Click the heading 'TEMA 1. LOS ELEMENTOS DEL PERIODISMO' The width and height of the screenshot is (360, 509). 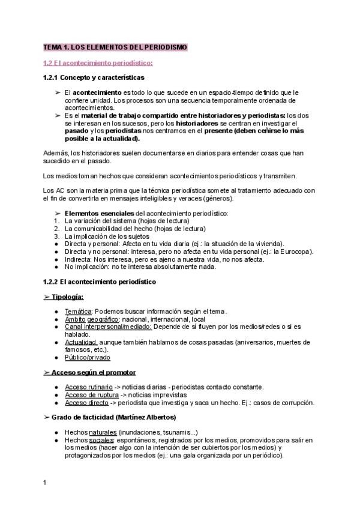click(116, 47)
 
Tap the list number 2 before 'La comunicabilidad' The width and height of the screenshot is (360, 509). click(56, 229)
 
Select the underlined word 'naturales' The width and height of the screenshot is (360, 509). click(103, 433)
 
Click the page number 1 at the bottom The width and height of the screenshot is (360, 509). click(44, 482)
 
